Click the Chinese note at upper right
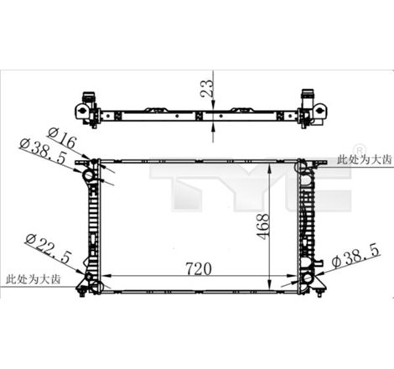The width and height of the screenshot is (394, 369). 362,159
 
